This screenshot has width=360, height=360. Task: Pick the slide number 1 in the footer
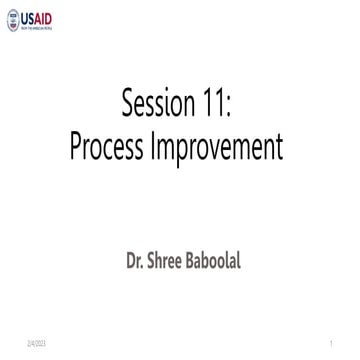pos(328,343)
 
